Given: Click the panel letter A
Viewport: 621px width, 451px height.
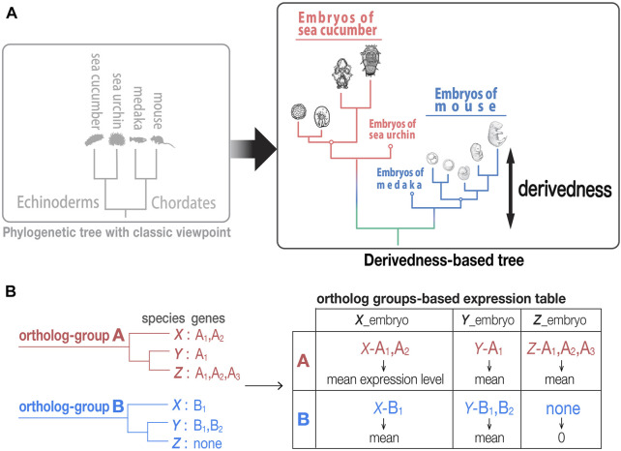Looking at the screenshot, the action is [12, 14].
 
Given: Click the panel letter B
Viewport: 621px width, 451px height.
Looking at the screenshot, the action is [11, 291].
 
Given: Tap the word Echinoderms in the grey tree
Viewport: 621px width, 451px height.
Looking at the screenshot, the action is [58, 202].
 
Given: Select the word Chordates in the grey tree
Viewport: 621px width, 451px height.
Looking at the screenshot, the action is [184, 202].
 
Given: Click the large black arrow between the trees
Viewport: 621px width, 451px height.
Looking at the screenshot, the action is [253, 149].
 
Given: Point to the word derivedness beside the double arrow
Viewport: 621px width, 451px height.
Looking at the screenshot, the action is [565, 189].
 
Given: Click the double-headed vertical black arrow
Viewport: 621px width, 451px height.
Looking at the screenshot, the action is [511, 189].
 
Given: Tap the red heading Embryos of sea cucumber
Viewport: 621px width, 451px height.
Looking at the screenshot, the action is [338, 24].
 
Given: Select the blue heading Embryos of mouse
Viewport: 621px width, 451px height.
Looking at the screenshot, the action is [466, 100].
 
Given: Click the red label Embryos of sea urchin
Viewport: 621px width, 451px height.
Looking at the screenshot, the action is [392, 129].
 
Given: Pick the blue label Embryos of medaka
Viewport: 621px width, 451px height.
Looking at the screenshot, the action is [399, 178].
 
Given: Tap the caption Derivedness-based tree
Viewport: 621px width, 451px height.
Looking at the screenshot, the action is [444, 260].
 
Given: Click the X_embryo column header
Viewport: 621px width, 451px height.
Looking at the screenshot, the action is [381, 319].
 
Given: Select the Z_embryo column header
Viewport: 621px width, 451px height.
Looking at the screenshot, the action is [560, 319].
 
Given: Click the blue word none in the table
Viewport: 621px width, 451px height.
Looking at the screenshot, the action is [563, 408].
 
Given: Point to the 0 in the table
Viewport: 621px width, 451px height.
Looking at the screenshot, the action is [561, 437].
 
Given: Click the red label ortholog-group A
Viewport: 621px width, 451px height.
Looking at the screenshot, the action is [72, 336].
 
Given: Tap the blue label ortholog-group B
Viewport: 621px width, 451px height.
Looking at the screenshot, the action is [72, 406].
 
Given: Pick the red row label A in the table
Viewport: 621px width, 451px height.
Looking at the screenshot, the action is [304, 361].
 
